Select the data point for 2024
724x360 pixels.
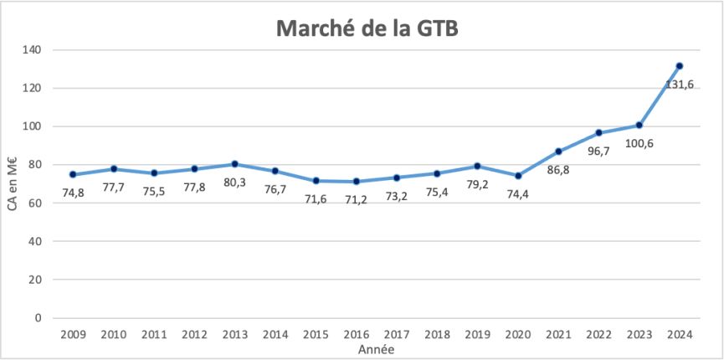(680, 66)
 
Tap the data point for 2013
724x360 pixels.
(235, 164)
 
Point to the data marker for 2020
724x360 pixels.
(518, 176)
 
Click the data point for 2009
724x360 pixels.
(73, 175)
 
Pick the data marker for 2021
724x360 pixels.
(558, 152)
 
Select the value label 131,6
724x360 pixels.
(680, 85)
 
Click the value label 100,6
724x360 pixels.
(639, 143)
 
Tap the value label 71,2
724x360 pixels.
(356, 199)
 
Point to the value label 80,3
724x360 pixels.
(235, 183)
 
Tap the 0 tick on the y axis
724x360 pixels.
(38, 318)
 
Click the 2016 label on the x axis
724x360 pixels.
(356, 335)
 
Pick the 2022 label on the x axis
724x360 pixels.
(598, 335)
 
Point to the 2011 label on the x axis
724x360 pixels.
(153, 335)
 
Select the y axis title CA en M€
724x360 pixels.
(13, 183)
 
